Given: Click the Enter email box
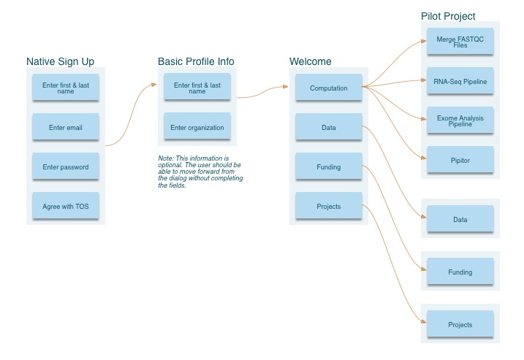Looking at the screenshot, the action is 66,126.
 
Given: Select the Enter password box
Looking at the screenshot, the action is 66,166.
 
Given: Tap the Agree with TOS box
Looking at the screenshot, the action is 66,205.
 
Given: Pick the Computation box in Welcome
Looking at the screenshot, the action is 329,87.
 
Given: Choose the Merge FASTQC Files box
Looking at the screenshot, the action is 460,41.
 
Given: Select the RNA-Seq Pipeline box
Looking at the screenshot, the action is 460,80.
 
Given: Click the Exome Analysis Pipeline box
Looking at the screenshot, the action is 460,120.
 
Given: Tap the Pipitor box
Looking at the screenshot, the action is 460,159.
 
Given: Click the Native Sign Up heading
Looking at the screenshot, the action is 60,62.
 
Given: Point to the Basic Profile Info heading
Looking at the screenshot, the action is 196,61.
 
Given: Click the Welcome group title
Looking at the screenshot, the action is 311,61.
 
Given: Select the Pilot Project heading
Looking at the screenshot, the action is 448,16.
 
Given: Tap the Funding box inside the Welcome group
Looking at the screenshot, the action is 329,166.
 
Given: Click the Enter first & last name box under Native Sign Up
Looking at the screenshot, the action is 66,87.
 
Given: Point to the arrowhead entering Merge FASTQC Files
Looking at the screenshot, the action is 424,41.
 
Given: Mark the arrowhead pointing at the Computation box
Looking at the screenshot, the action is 286,86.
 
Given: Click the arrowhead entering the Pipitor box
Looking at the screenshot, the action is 424,158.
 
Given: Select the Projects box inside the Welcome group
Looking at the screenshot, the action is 329,205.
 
